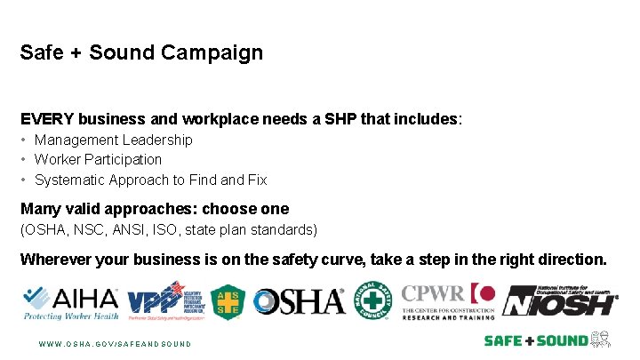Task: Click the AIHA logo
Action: (69, 302)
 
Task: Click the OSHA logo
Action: (299, 302)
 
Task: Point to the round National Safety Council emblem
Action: (372, 300)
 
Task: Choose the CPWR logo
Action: (447, 301)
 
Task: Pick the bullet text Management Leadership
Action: (113, 140)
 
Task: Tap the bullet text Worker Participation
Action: (98, 159)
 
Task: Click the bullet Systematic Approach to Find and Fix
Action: (150, 180)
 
